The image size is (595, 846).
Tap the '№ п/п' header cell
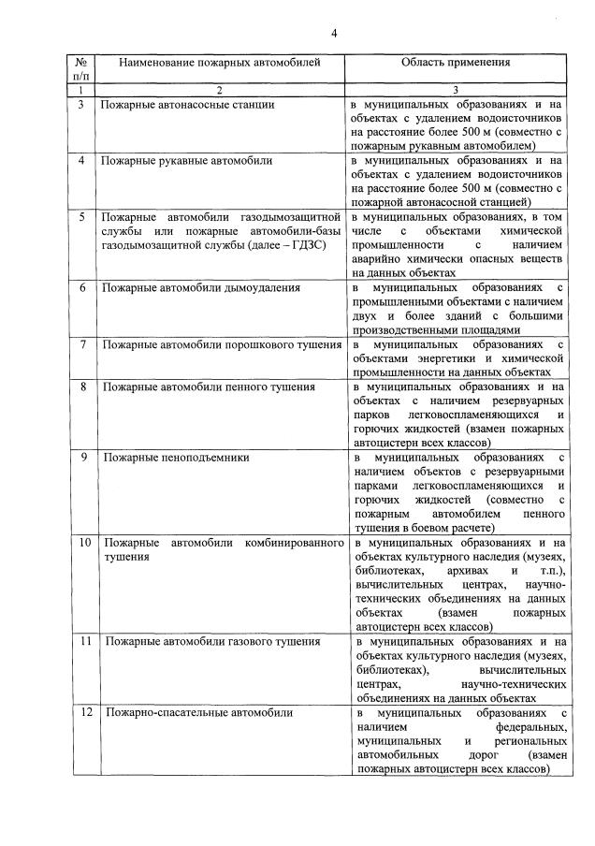80,68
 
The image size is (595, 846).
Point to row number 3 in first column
80,105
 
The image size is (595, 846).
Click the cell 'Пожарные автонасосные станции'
187,105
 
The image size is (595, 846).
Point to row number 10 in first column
83,543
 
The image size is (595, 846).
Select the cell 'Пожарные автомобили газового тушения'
211,642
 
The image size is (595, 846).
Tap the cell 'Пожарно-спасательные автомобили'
198,713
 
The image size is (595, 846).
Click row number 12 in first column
83,713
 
